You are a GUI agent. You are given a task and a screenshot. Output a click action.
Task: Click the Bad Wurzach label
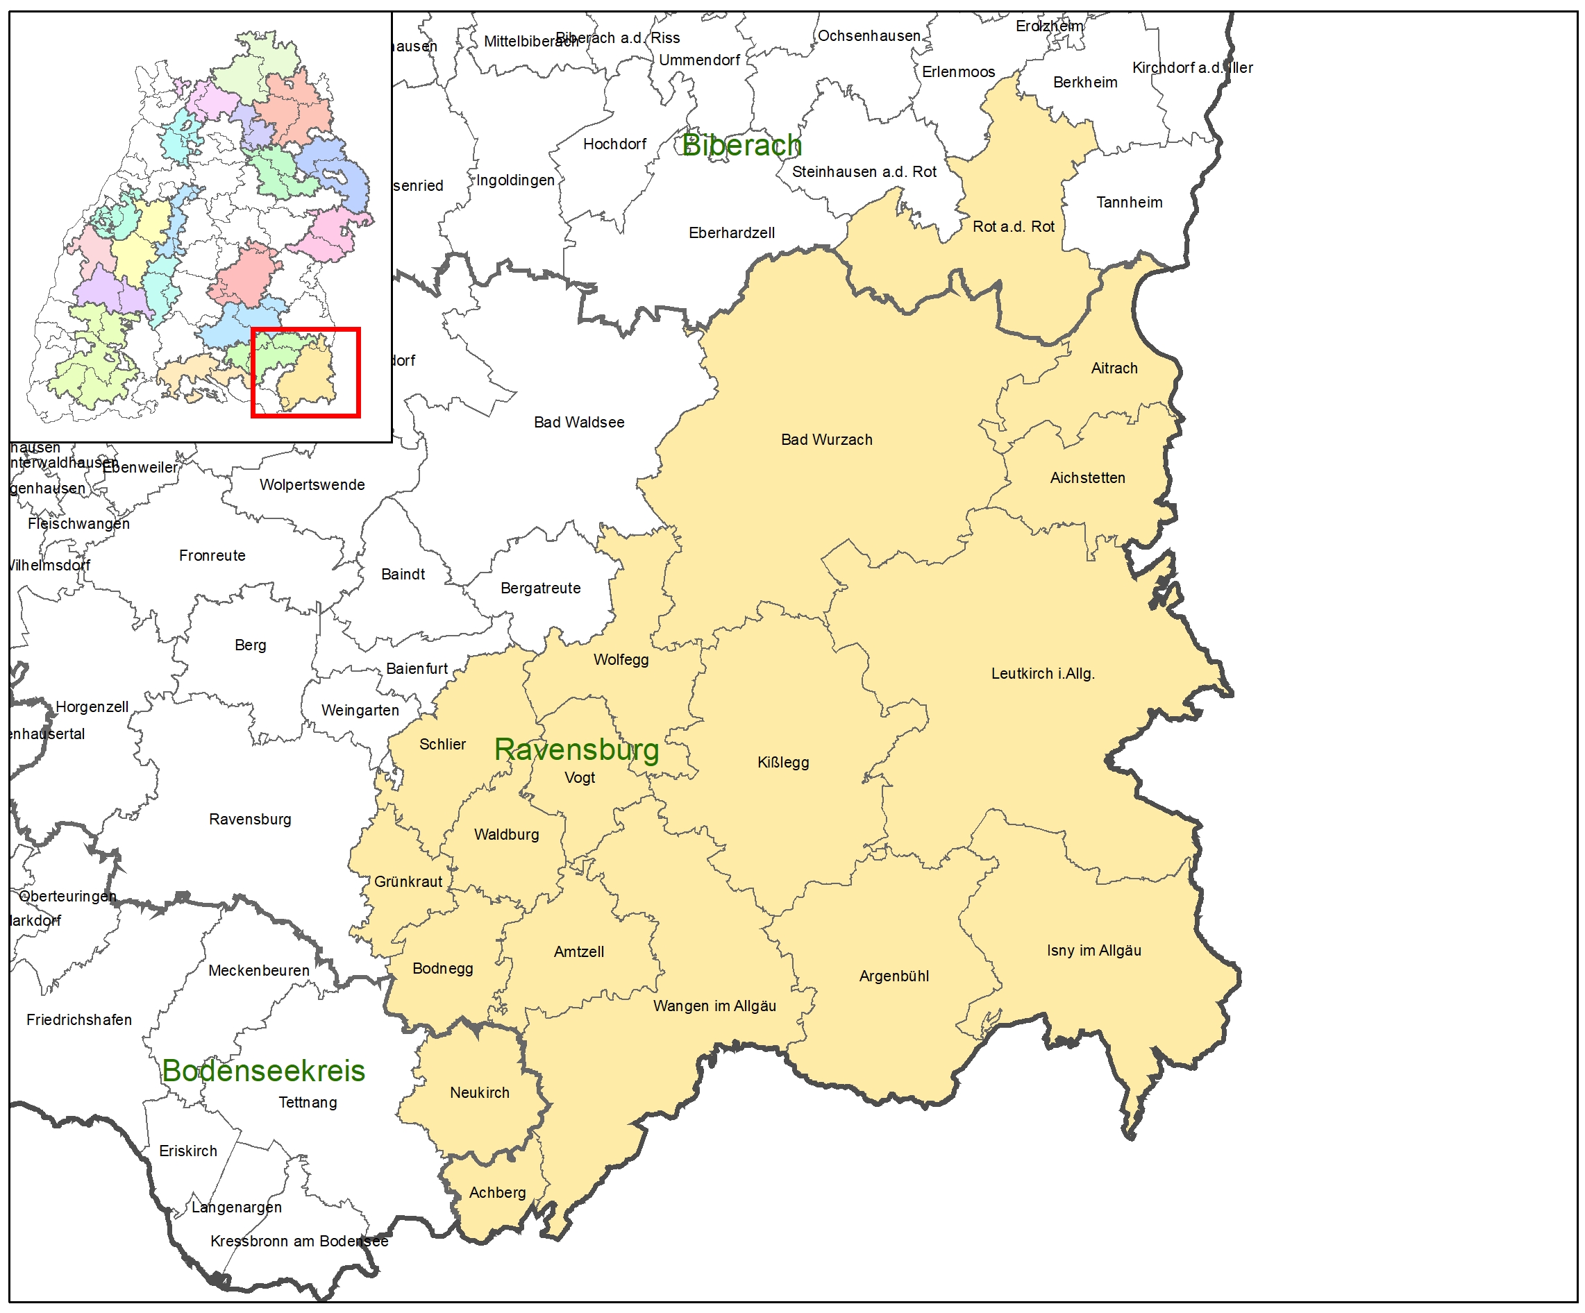click(x=826, y=440)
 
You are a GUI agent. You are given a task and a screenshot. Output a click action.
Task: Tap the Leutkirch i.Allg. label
click(x=1042, y=674)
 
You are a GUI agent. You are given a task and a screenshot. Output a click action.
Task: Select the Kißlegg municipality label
click(x=782, y=762)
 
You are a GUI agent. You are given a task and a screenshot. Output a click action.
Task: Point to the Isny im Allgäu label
click(x=1093, y=951)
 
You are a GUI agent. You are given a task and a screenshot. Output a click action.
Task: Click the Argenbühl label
click(x=894, y=976)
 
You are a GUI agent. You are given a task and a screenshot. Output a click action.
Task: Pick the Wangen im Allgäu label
click(x=714, y=1006)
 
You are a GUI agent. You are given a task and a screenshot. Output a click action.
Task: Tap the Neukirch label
click(x=479, y=1092)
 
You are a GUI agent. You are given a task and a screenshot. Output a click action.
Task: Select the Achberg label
click(x=497, y=1193)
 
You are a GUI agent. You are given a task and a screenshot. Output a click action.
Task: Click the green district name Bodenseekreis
click(x=263, y=1071)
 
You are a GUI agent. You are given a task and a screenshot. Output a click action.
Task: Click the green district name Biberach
click(x=741, y=146)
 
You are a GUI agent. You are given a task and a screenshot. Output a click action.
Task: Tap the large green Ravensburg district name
click(x=577, y=749)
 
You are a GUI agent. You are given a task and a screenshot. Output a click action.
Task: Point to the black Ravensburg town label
click(x=250, y=820)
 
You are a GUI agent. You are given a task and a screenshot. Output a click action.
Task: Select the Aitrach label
click(x=1114, y=369)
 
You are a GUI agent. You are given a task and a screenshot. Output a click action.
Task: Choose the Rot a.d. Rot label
click(x=1013, y=226)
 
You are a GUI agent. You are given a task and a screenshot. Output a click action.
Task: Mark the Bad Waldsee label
click(x=579, y=423)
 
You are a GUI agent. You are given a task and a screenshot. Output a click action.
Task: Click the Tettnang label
click(x=307, y=1103)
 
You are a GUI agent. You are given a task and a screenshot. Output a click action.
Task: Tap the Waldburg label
click(x=506, y=835)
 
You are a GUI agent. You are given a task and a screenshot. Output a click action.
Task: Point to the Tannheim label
click(x=1129, y=202)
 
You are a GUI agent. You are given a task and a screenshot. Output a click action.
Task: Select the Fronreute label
click(x=212, y=555)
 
